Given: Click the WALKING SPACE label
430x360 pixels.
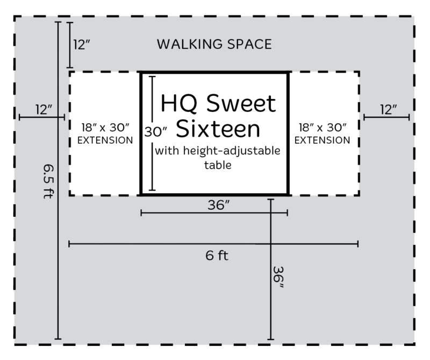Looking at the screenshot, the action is pyautogui.click(x=214, y=44).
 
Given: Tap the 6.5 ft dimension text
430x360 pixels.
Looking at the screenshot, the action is pyautogui.click(x=48, y=181).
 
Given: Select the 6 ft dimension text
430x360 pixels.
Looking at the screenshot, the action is pyautogui.click(x=217, y=256).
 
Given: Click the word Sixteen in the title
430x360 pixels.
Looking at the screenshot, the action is pyautogui.click(x=218, y=129).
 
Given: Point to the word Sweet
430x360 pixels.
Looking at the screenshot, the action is pyautogui.click(x=241, y=103).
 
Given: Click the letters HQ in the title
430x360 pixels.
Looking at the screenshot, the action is pyautogui.click(x=178, y=103).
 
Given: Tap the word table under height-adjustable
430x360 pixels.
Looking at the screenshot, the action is pyautogui.click(x=218, y=165).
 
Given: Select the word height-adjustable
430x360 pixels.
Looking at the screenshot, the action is pyautogui.click(x=232, y=151).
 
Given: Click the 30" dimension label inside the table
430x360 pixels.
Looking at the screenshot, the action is pyautogui.click(x=156, y=132).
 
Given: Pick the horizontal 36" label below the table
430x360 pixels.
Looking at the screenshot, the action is pyautogui.click(x=219, y=205).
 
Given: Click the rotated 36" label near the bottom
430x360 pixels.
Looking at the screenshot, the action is pyautogui.click(x=278, y=277).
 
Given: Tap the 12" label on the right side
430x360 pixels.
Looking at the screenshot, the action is pyautogui.click(x=388, y=110).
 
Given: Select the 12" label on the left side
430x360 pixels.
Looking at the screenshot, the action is pyautogui.click(x=44, y=110).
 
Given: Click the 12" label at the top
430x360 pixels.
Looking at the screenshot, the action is pyautogui.click(x=82, y=45).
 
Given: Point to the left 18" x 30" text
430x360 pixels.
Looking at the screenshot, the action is pyautogui.click(x=105, y=128).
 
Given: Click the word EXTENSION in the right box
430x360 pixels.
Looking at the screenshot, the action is pyautogui.click(x=322, y=140).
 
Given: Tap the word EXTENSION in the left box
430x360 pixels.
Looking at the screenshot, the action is pyautogui.click(x=105, y=140).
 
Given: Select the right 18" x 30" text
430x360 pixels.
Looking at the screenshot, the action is pyautogui.click(x=322, y=128).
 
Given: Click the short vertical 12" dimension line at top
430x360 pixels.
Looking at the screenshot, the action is pyautogui.click(x=70, y=45).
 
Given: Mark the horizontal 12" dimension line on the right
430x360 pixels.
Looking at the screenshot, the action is pyautogui.click(x=386, y=117).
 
